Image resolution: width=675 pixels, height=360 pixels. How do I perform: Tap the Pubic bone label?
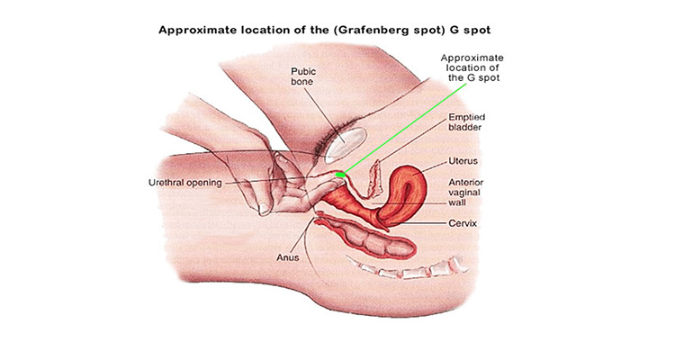pyautogui.click(x=303, y=76)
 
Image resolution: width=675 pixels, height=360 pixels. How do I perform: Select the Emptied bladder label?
pyautogui.click(x=466, y=121)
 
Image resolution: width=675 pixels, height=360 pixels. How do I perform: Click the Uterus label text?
pyautogui.click(x=463, y=161)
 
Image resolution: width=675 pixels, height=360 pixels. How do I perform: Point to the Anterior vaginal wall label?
pyautogui.click(x=466, y=193)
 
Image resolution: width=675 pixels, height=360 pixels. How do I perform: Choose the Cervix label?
pyautogui.click(x=463, y=223)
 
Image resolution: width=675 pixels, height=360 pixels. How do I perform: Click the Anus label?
pyautogui.click(x=288, y=257)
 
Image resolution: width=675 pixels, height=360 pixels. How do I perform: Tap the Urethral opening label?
pyautogui.click(x=185, y=183)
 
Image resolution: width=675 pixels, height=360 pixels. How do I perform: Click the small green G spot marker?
pyautogui.click(x=340, y=175)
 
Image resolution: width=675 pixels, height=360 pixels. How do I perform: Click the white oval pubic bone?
pyautogui.click(x=345, y=142)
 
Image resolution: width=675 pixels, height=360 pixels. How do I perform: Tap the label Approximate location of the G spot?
pyautogui.click(x=472, y=67)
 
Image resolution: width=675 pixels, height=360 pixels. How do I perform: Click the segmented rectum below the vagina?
pyautogui.click(x=370, y=240)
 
